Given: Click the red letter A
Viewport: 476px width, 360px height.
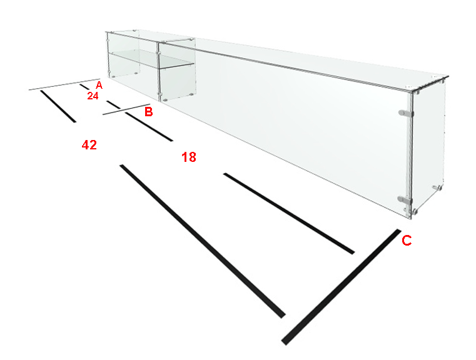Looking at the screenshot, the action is point(99,85).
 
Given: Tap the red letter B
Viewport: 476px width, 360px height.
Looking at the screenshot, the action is point(148,112).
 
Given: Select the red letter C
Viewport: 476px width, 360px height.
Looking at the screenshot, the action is point(407,241).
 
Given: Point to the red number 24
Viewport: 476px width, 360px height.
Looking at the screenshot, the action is point(93,96).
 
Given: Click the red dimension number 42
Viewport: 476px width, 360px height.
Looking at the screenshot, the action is point(89,145).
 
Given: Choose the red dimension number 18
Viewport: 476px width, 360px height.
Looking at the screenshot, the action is point(189,157).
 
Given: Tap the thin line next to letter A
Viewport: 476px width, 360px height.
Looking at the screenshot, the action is point(64,84).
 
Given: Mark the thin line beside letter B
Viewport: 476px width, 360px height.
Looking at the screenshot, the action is point(126,109).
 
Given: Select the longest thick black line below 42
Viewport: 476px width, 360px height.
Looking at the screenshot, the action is point(203,241).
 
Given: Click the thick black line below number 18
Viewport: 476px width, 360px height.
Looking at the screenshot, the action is point(289,214).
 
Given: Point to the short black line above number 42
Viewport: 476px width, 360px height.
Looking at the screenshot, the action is point(58,106).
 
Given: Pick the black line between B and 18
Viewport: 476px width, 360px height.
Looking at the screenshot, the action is point(149,126).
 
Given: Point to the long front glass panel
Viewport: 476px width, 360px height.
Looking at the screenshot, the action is point(285,130).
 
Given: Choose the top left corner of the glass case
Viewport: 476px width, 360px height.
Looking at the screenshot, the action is point(106,31).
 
